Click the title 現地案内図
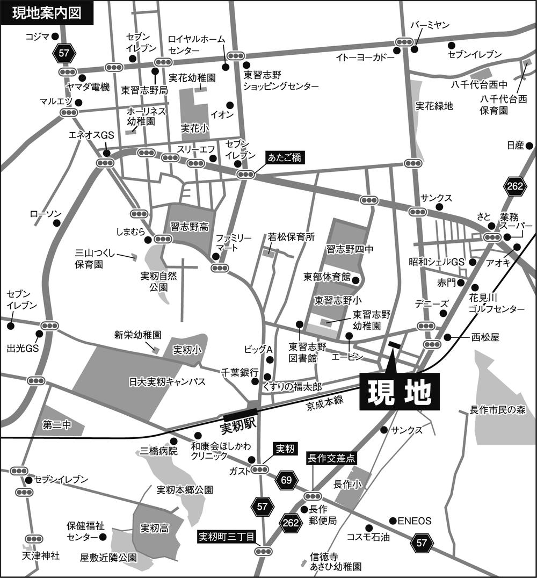pos(47,13)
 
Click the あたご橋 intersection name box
pos(286,157)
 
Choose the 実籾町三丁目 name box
pos(227,536)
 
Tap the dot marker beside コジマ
pos(55,37)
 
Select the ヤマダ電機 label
pos(88,87)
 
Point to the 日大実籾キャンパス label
pos(167,382)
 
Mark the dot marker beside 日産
pos(529,145)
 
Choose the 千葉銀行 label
pos(240,372)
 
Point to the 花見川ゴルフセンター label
pos(496,304)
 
